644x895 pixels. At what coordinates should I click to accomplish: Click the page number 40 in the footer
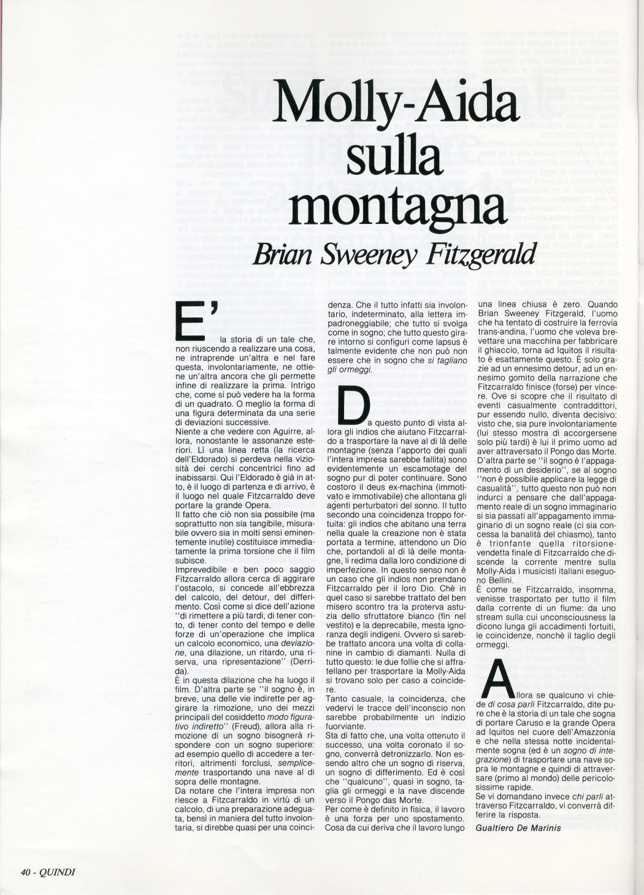(x=26, y=872)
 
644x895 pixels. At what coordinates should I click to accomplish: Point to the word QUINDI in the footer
(x=57, y=872)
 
